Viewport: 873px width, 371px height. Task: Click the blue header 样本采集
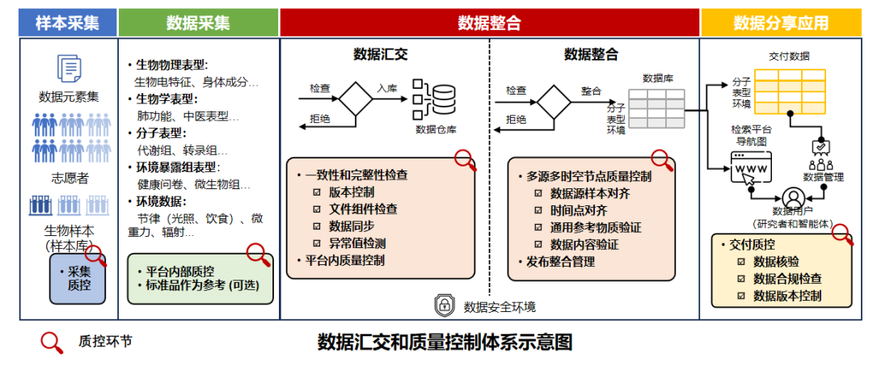[x=68, y=23]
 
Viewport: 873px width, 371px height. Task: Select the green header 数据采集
[x=198, y=23]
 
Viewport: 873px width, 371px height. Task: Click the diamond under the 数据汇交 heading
[x=354, y=101]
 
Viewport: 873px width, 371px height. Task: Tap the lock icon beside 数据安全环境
[x=445, y=306]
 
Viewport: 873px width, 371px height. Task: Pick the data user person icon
[x=794, y=196]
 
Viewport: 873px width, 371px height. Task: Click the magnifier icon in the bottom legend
[x=52, y=342]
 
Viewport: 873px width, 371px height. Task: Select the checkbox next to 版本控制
[x=318, y=192]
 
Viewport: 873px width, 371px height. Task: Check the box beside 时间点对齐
[x=538, y=209]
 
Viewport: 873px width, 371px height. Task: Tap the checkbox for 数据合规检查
[x=740, y=278]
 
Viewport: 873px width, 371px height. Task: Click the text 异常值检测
[x=357, y=243]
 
